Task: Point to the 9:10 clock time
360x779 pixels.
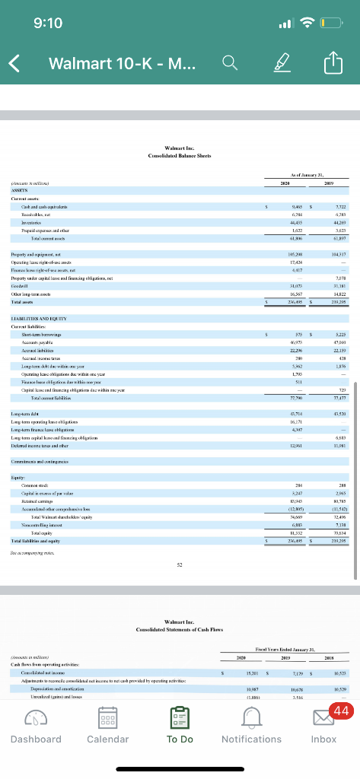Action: [47, 23]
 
